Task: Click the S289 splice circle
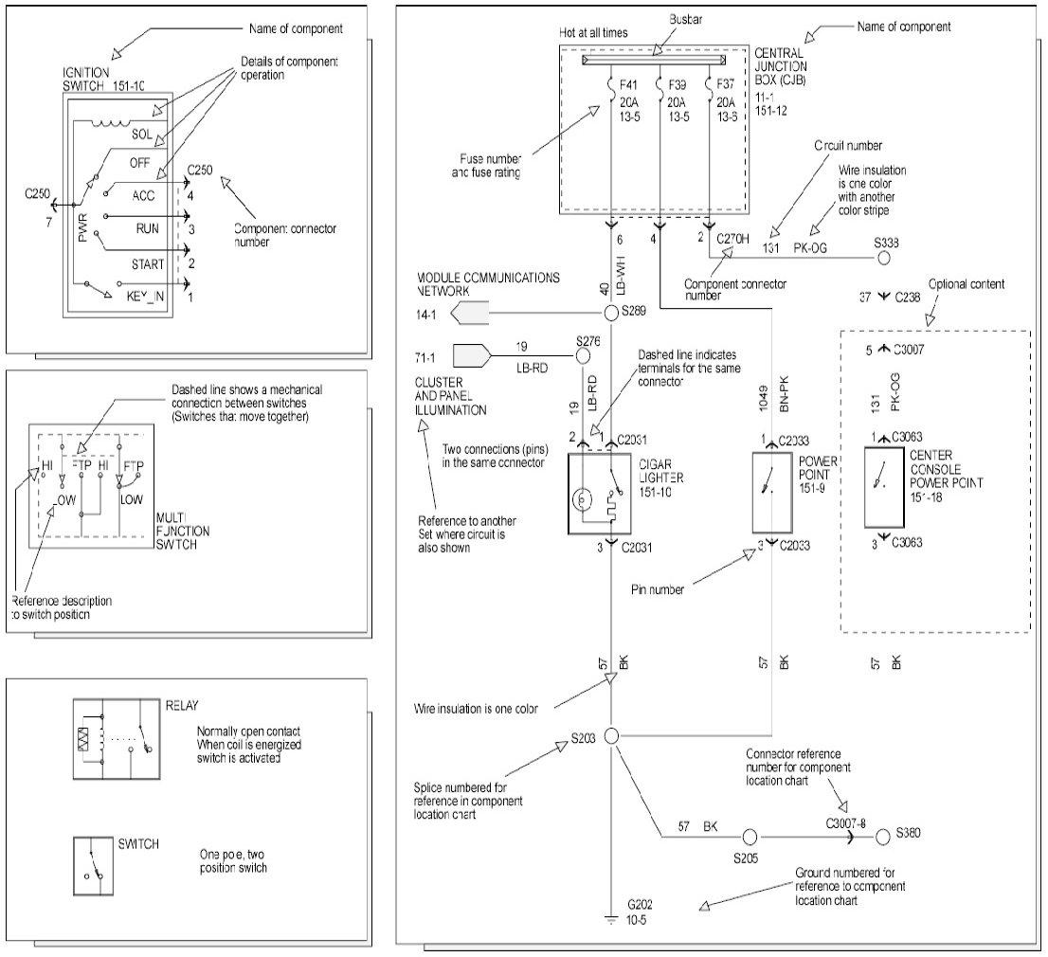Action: coord(612,313)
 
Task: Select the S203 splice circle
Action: coord(612,735)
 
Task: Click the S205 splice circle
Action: coord(750,837)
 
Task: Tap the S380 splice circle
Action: coord(883,837)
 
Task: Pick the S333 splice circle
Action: coord(883,257)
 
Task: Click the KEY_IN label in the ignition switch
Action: coord(146,297)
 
